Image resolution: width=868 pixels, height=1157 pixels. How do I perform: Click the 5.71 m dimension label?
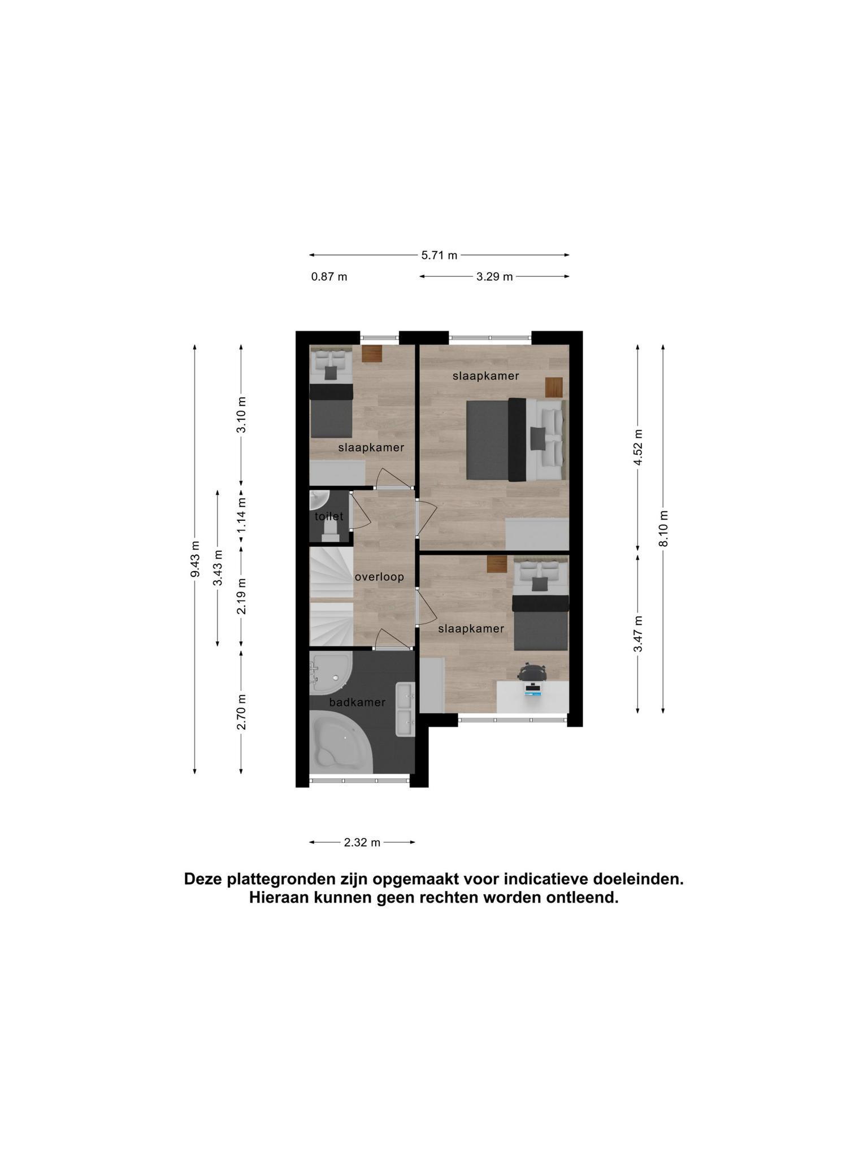pos(439,255)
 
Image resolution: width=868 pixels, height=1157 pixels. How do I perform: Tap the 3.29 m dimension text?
pos(494,277)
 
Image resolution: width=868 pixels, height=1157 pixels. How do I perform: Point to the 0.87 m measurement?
pos(329,277)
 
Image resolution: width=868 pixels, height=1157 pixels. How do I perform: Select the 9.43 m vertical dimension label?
pos(195,559)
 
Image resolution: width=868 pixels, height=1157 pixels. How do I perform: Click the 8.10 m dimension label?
pos(663,528)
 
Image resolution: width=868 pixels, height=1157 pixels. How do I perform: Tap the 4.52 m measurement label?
pos(638,447)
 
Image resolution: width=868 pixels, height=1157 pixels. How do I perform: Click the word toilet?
pos(329,516)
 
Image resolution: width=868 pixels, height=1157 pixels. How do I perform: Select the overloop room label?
pos(379,577)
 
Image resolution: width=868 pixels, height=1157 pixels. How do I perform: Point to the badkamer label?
pos(357,702)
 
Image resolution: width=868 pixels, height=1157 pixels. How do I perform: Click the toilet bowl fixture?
pos(330,530)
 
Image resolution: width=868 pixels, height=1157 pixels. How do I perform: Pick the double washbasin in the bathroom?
pos(406,709)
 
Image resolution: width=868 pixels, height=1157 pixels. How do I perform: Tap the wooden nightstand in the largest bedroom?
pos(554,387)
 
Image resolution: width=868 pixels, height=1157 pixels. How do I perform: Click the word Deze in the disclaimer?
pos(203,879)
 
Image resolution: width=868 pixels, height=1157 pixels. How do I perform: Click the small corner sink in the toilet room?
pos(318,499)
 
